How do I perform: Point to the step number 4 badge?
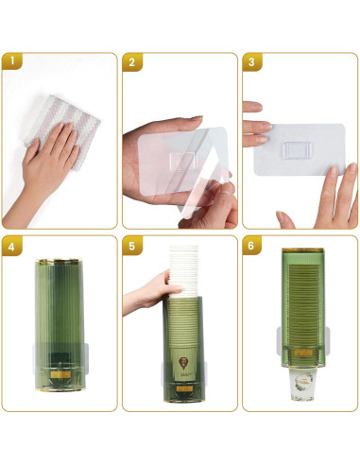click(12, 247)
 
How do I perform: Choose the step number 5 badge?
click(133, 247)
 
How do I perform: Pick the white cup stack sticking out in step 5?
click(187, 269)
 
